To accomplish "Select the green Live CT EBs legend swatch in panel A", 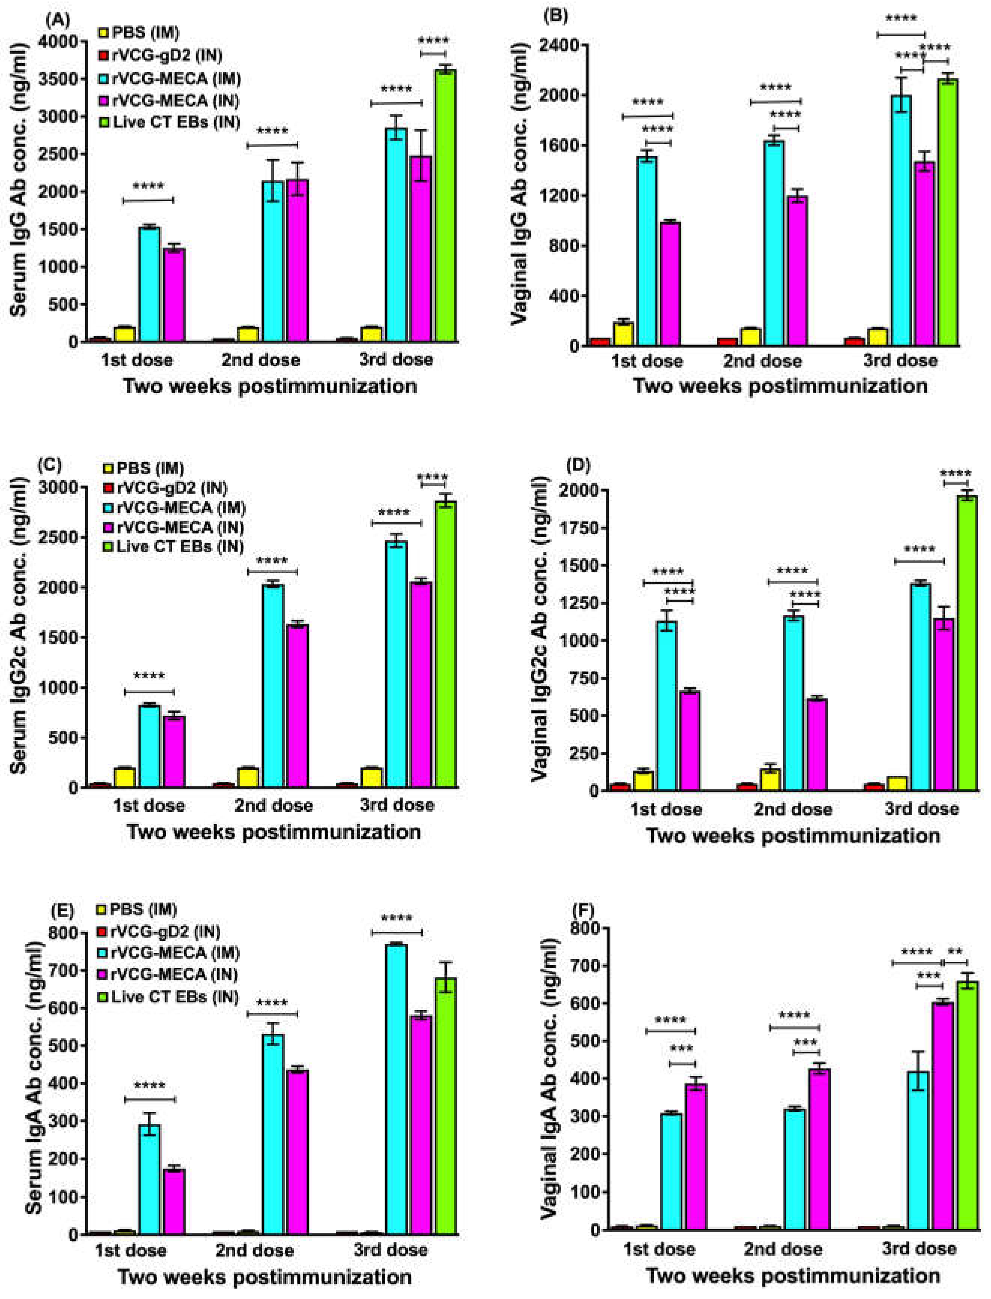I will tap(104, 122).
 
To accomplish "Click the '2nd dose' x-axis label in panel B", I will tap(762, 360).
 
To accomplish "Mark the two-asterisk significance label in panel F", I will tap(955, 952).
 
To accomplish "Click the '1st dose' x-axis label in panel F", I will tap(659, 1249).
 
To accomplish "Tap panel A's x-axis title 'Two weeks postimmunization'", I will tap(270, 386).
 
